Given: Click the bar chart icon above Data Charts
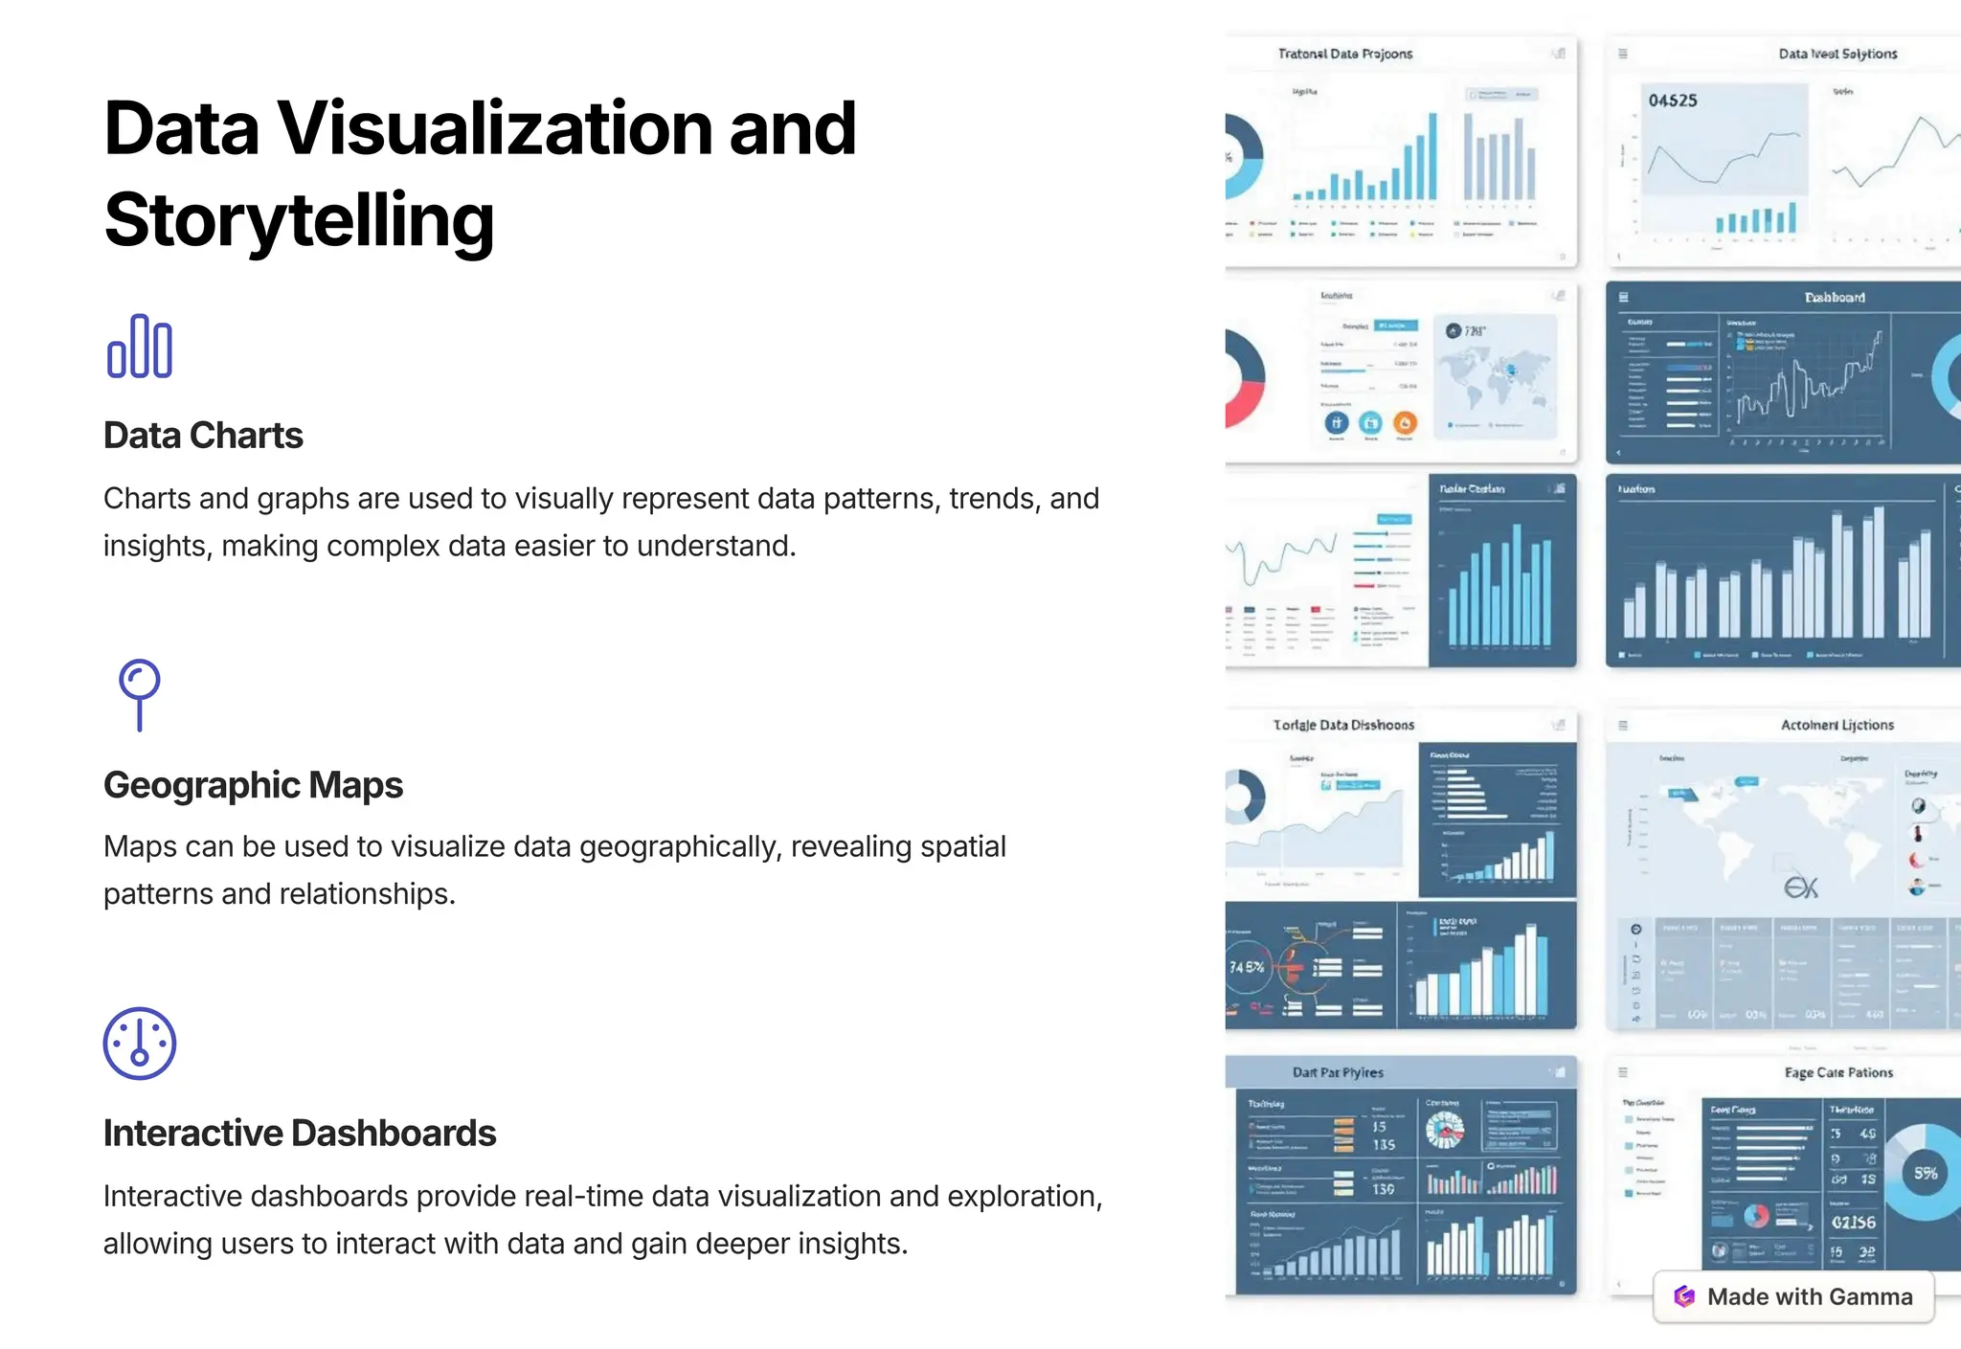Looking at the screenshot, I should [140, 346].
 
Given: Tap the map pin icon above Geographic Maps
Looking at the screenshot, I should [140, 694].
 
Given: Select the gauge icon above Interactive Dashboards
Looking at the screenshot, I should [140, 1043].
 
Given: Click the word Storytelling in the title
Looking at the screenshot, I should [299, 220].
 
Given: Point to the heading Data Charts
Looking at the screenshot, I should [203, 436].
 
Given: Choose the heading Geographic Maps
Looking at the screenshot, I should [253, 785].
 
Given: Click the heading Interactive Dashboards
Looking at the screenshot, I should [300, 1134].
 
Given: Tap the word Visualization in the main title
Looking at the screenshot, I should [494, 128].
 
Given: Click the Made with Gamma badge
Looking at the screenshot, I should [1793, 1296].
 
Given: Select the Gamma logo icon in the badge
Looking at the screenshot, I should [1684, 1296].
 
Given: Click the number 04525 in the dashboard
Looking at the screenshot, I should [1673, 101].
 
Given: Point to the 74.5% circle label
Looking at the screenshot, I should [1247, 967].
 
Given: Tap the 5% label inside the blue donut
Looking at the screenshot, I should [1926, 1173].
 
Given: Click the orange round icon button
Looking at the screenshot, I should [1405, 422].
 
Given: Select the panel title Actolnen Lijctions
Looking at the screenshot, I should [1837, 725].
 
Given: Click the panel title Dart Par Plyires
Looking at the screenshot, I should [1338, 1072].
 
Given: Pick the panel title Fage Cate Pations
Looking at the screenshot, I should [1838, 1072].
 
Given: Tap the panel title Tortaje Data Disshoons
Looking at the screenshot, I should [1343, 725].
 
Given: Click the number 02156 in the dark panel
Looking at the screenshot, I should [1854, 1223].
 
